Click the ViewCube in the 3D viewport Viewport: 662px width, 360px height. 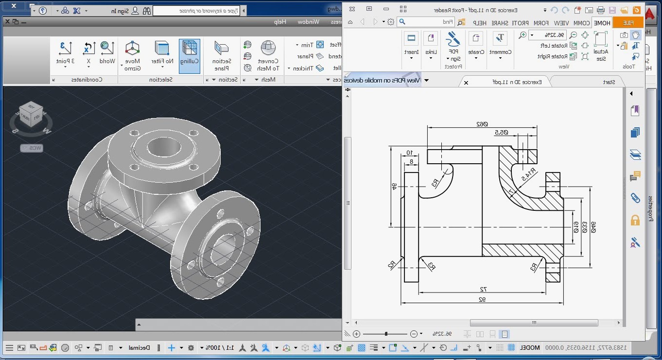pos(31,116)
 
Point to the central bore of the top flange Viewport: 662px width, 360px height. pos(164,147)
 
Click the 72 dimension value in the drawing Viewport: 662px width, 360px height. pos(483,289)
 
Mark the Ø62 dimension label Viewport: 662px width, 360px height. pos(482,124)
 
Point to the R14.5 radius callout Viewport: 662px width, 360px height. pos(528,174)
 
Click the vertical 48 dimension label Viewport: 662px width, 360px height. pos(394,187)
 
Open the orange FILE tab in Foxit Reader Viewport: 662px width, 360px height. pos(628,22)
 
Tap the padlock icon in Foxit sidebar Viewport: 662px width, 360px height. pos(635,220)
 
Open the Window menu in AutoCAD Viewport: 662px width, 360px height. pos(309,21)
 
